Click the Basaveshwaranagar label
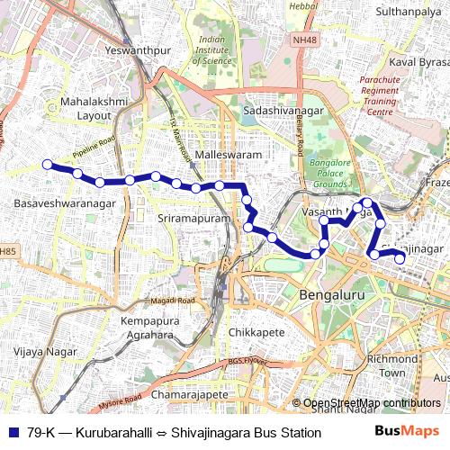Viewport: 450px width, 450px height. [x=65, y=205]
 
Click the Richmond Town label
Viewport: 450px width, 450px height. [x=392, y=365]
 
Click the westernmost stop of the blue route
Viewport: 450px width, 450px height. [x=47, y=164]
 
